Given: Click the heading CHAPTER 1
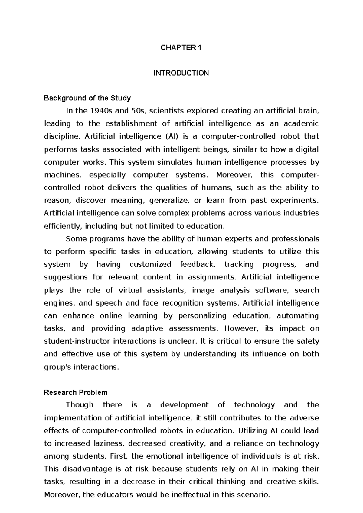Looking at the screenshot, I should click(181, 48).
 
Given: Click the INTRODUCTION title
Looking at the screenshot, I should click(181, 73).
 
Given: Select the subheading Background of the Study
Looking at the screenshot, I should click(87, 98).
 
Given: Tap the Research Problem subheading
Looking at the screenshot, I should click(76, 393).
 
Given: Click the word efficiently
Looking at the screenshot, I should click(63, 226).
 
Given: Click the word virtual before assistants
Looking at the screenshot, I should click(130, 290).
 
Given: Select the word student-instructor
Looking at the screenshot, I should click(77, 341).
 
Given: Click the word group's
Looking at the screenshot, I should click(57, 367).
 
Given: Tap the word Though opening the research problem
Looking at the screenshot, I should click(80, 405).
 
